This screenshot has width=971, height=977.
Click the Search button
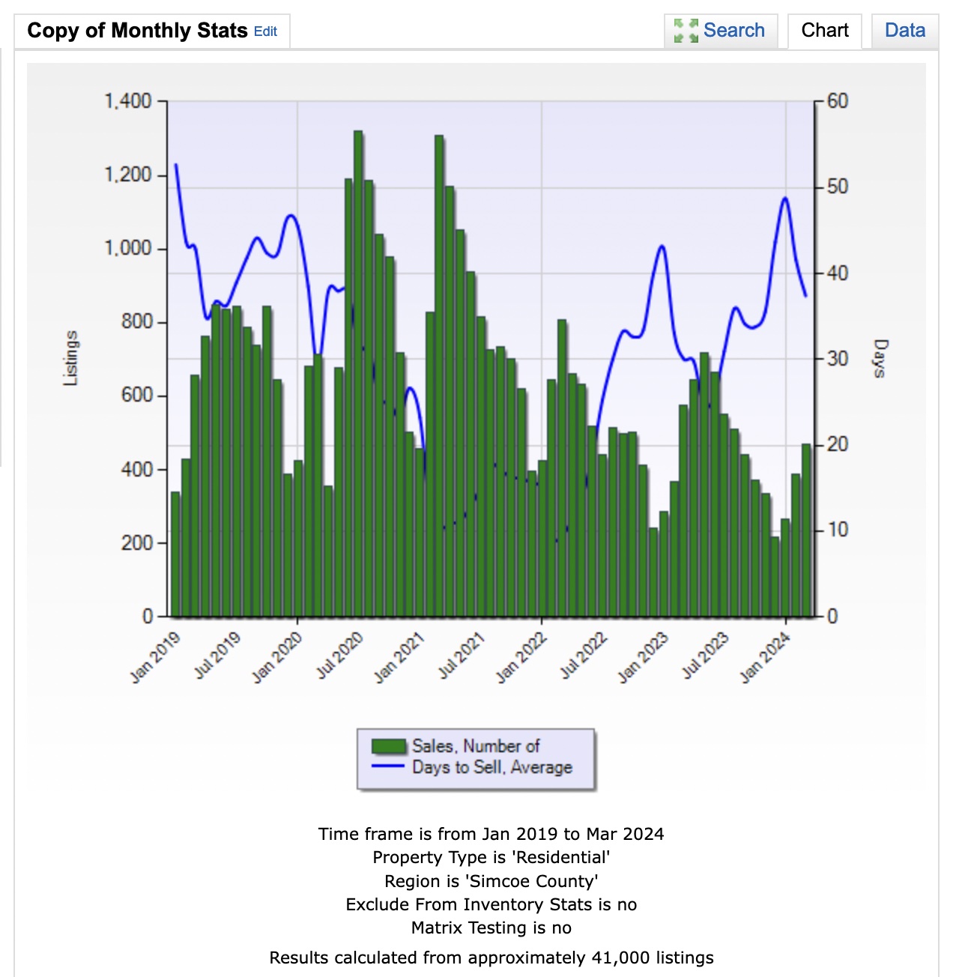pos(721,31)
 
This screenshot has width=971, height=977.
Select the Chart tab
pos(824,31)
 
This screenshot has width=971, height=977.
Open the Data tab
pos(904,31)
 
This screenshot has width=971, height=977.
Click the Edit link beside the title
pos(265,31)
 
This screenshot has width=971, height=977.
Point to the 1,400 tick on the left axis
pos(127,100)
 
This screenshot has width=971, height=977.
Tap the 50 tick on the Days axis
pos(838,187)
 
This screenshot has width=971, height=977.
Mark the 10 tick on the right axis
pos(838,530)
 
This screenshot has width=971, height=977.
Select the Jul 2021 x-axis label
pos(462,656)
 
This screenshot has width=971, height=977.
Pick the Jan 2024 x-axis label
pos(765,657)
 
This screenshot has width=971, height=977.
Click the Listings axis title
pos(70,358)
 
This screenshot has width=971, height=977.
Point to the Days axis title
pos(880,358)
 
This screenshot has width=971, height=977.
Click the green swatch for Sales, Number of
pos(389,746)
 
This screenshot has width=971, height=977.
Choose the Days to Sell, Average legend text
pos(491,767)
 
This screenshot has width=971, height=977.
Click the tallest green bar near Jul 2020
pos(358,375)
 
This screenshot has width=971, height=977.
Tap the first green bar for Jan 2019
pos(175,554)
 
